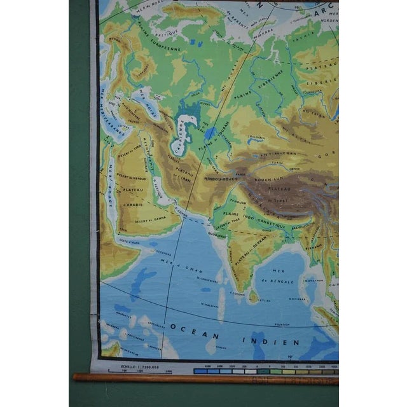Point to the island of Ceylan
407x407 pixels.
point(253,296)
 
